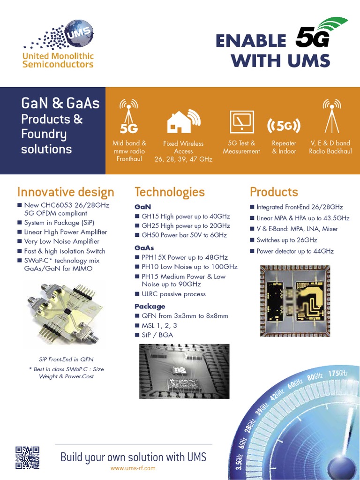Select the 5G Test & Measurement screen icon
(x=241, y=121)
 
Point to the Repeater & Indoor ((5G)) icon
(x=284, y=126)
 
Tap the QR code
(x=27, y=457)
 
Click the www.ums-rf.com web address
(x=133, y=468)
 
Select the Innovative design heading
(x=66, y=192)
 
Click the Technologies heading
(x=170, y=192)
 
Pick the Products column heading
(x=274, y=192)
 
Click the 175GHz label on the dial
(x=337, y=374)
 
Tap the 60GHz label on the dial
(x=295, y=384)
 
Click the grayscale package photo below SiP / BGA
(x=184, y=371)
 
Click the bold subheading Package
(x=150, y=307)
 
